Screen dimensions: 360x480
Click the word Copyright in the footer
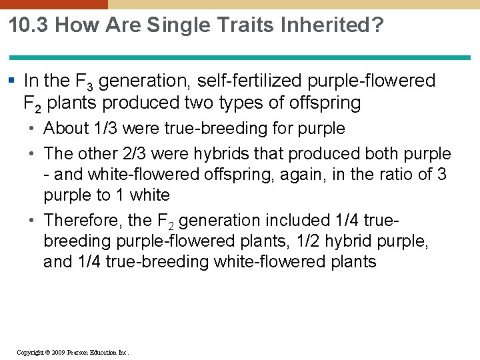pos(29,352)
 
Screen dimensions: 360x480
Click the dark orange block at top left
pos(53,4)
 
